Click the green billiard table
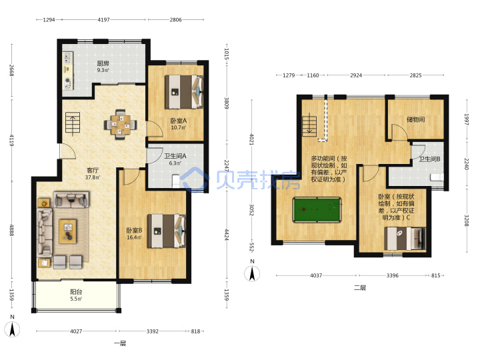[x=317, y=210]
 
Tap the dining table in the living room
[x=120, y=124]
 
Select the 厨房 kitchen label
[x=103, y=63]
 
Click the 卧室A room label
[x=179, y=121]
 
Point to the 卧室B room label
[x=134, y=230]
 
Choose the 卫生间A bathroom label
[x=175, y=156]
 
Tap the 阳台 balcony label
[x=76, y=292]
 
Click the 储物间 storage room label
[x=416, y=119]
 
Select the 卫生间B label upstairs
[x=429, y=159]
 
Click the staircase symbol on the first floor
[x=73, y=123]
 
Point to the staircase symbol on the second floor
[x=309, y=126]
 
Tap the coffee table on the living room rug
[x=67, y=231]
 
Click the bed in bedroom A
[x=184, y=92]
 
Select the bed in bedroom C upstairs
[x=405, y=239]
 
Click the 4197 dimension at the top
[x=103, y=19]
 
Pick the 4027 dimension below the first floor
[x=76, y=331]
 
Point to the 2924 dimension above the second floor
[x=356, y=75]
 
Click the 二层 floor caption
[x=360, y=288]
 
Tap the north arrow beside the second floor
[x=252, y=273]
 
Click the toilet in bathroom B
[x=437, y=177]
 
